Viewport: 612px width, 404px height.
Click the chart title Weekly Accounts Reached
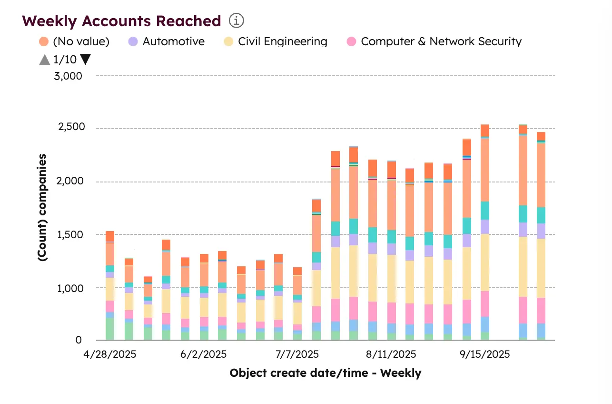tap(121, 21)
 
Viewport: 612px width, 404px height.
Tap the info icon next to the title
tap(237, 21)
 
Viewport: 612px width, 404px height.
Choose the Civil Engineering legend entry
tap(276, 41)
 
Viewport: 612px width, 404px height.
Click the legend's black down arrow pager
tap(86, 60)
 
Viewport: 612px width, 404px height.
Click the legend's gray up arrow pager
tap(44, 60)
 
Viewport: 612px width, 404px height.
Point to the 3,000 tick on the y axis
tap(69, 76)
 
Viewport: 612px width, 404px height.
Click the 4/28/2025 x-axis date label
tap(110, 355)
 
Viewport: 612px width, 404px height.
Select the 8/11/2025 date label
tap(391, 355)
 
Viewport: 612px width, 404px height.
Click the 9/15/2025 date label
tap(484, 355)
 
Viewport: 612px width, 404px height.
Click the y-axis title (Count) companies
tap(42, 207)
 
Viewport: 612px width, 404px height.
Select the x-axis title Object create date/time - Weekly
tap(325, 373)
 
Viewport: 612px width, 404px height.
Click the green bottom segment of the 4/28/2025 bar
tap(110, 329)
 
